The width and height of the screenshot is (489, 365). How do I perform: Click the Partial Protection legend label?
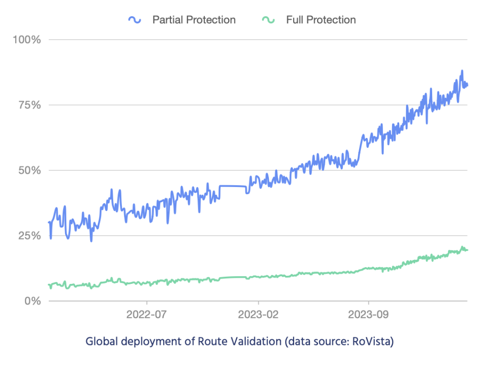point(193,20)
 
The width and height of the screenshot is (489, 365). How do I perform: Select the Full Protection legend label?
point(320,20)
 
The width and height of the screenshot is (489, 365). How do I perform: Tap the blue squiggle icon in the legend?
point(135,20)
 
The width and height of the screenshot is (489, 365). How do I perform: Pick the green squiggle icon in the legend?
point(268,20)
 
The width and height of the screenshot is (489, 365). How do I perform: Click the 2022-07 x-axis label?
point(147,315)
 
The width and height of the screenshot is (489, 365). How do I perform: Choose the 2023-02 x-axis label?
point(258,315)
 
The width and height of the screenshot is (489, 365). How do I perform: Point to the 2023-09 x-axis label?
point(369,315)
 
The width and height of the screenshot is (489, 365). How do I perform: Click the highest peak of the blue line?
point(462,71)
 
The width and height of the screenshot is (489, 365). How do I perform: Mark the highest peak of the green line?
point(462,247)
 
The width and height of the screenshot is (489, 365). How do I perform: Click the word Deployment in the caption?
point(148,342)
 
